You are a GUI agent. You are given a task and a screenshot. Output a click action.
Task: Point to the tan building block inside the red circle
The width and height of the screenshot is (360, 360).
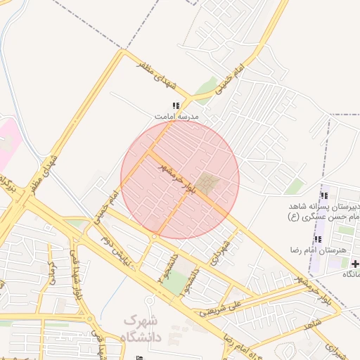(207, 184)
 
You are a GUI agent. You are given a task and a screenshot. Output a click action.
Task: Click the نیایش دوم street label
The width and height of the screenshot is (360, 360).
(115, 251)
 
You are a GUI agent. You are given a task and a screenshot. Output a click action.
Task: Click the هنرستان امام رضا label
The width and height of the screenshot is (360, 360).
(315, 250)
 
